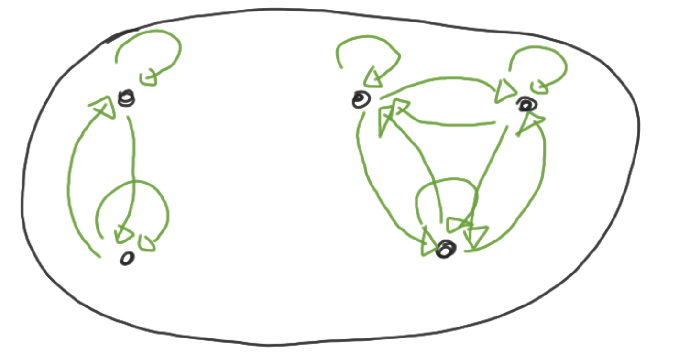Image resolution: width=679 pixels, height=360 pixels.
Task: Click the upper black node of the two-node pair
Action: [127, 99]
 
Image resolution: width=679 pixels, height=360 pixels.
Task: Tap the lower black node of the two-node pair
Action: [127, 259]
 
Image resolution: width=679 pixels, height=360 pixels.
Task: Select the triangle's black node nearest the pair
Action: [360, 100]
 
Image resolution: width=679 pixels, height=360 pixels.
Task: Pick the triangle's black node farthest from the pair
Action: [526, 104]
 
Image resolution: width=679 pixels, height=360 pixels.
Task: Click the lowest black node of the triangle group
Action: [446, 249]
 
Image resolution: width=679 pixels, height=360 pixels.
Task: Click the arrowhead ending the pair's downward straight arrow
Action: [124, 234]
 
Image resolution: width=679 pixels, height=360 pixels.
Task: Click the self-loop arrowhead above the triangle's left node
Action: [374, 78]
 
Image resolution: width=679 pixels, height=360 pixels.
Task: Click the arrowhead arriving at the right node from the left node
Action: [504, 90]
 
